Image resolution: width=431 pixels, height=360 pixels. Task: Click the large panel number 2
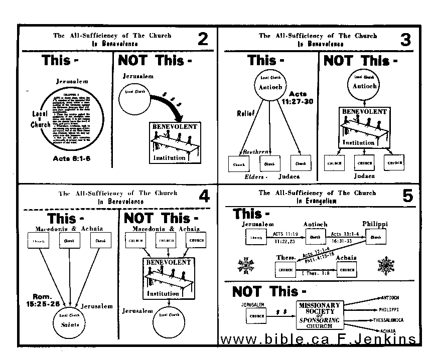[203, 40]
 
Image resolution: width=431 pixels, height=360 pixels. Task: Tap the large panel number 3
[405, 40]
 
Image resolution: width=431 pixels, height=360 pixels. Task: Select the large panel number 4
[204, 196]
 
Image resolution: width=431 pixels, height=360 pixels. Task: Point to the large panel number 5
[407, 196]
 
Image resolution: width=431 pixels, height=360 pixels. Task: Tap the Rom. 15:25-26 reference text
[47, 300]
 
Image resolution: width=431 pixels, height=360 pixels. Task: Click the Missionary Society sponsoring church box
[319, 315]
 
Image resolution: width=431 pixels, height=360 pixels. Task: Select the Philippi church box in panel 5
[375, 237]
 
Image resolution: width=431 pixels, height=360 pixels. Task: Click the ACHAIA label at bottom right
[388, 331]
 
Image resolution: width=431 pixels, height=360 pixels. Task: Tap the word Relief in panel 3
[246, 114]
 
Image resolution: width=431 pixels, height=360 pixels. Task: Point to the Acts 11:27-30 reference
[298, 97]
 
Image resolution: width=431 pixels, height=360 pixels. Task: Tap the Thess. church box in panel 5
[285, 270]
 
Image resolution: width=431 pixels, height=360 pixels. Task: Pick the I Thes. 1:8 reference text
[316, 273]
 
